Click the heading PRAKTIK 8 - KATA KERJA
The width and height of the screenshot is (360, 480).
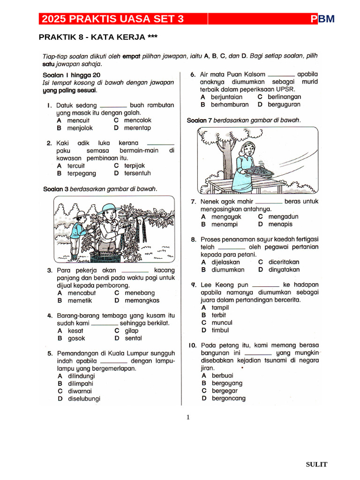coord(98,37)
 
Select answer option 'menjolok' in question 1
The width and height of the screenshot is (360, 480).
coord(80,128)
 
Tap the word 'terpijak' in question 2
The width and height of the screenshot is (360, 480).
coord(135,166)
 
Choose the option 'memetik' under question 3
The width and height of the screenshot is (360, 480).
coord(79,300)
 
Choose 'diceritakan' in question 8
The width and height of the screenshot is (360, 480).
coord(284,262)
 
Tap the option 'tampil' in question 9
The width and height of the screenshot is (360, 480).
coord(220,307)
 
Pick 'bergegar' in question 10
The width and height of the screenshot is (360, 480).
coord(225,390)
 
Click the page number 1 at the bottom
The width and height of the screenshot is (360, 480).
coord(188,417)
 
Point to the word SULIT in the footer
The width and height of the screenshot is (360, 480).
coord(316,465)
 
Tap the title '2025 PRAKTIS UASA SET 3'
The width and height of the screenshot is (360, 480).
coord(112,19)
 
